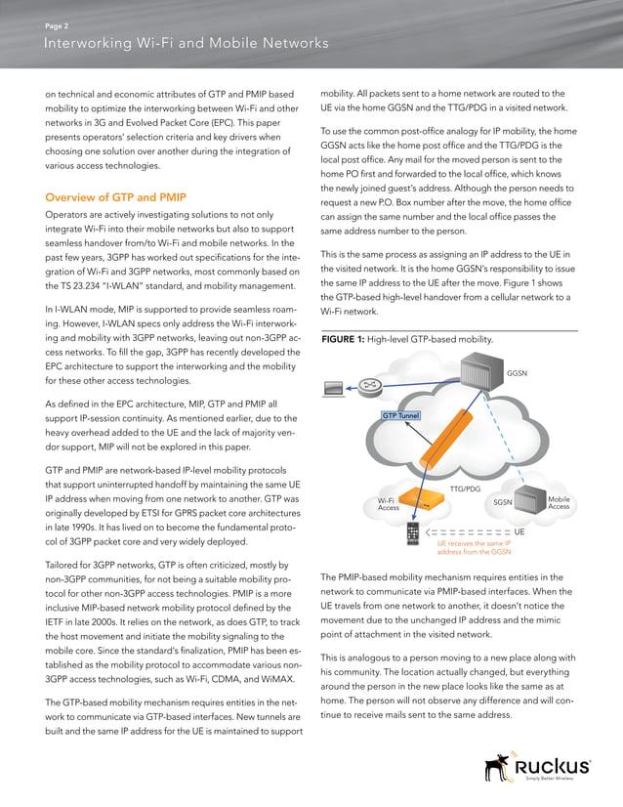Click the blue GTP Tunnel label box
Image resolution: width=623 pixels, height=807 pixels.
[400, 415]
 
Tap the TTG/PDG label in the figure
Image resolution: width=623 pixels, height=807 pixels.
[465, 488]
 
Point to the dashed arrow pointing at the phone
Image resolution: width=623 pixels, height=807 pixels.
[469, 532]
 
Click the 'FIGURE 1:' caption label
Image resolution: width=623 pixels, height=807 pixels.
[342, 339]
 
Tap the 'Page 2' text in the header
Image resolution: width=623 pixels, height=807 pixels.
[57, 25]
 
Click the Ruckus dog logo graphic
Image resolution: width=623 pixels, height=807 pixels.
[499, 767]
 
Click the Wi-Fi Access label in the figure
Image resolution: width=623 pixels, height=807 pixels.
[388, 504]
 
